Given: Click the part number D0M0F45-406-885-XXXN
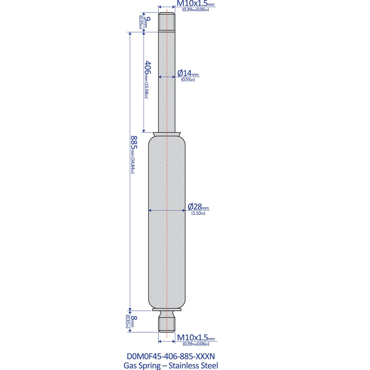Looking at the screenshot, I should [x=171, y=356].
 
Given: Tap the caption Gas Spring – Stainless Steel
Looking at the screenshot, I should [x=171, y=366].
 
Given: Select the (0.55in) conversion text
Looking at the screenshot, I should [x=188, y=80].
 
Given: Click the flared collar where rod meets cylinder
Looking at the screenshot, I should [x=167, y=134].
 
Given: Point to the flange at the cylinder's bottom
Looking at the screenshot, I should [x=167, y=310].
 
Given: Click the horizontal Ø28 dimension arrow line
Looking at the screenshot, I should [x=167, y=211].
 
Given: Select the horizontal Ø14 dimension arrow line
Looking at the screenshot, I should [x=167, y=77].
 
